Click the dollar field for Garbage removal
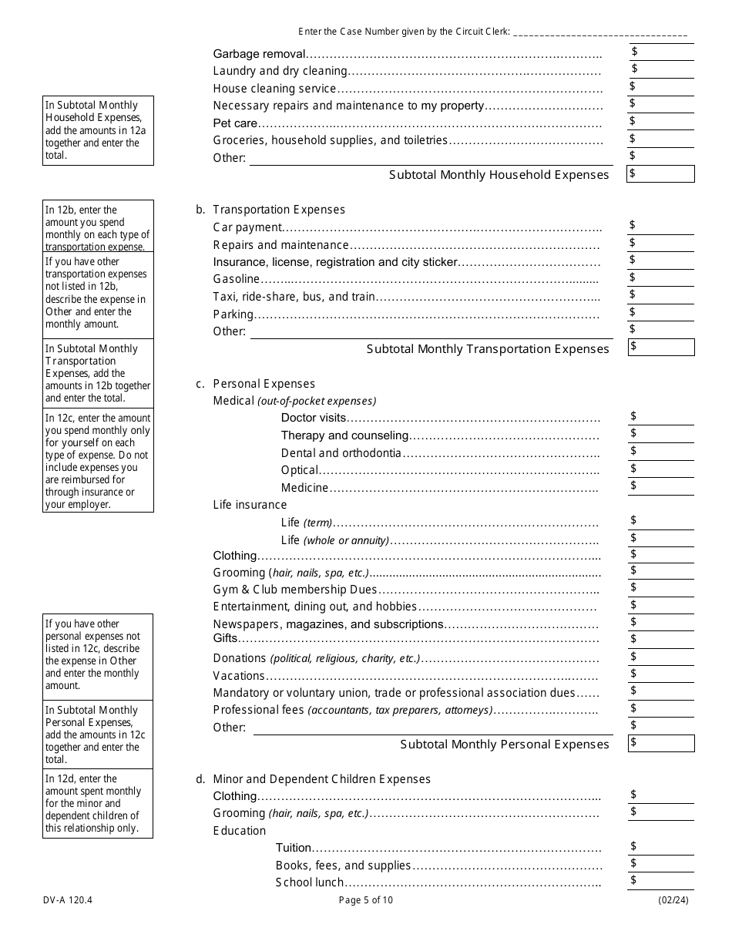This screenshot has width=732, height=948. click(x=661, y=52)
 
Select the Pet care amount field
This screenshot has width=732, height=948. click(x=661, y=122)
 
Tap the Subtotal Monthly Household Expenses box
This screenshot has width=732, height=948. click(x=661, y=174)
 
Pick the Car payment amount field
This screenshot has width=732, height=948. click(x=661, y=226)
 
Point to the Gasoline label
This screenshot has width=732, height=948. click(x=237, y=279)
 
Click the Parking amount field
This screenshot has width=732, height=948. click(x=661, y=313)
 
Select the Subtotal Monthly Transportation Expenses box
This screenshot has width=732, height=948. click(x=661, y=348)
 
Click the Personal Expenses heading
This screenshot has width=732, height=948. click(x=264, y=384)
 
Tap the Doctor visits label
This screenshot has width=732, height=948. click(x=314, y=418)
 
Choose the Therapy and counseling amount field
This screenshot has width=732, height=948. click(x=661, y=434)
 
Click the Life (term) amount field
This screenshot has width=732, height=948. click(x=661, y=522)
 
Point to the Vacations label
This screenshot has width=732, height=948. click(x=239, y=676)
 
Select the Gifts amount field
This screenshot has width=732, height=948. click(x=661, y=639)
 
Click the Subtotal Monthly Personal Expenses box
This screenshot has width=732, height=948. click(x=661, y=743)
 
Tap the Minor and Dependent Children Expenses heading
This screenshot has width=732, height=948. click(x=321, y=779)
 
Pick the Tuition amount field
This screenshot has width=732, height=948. click(x=661, y=847)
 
